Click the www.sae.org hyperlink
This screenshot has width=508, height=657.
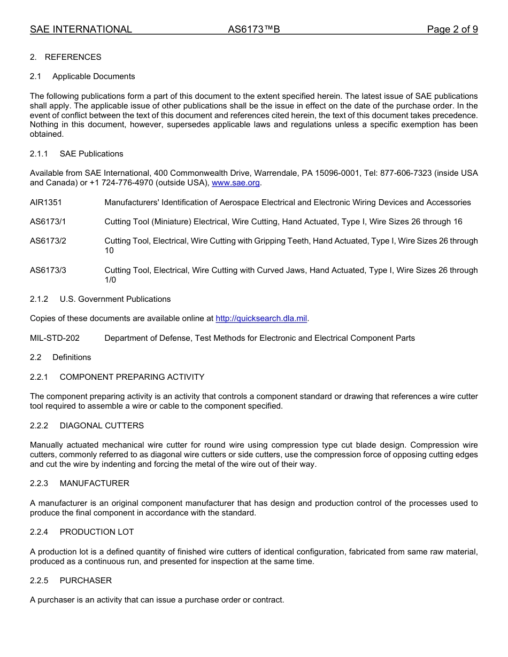(236, 183)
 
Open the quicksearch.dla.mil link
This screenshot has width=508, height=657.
(261, 318)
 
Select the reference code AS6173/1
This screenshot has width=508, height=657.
(48, 222)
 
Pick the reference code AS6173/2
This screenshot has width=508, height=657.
(48, 241)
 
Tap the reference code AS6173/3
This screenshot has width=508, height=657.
(48, 270)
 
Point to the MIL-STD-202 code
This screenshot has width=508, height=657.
(55, 338)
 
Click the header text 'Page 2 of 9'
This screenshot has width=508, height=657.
(452, 29)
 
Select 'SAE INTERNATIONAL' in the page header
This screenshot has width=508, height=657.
(81, 29)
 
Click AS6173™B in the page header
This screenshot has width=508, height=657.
(254, 29)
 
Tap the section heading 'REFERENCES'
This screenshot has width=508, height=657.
(73, 57)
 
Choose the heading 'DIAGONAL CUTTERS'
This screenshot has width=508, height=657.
(102, 426)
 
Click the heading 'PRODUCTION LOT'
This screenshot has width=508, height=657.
(97, 532)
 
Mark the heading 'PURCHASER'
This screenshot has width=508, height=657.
(86, 581)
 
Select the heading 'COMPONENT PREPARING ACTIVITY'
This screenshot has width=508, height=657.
(132, 377)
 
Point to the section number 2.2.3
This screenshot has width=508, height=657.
(39, 483)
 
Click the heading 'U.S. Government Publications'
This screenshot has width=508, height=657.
(115, 299)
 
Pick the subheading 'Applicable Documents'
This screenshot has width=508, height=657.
(94, 76)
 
